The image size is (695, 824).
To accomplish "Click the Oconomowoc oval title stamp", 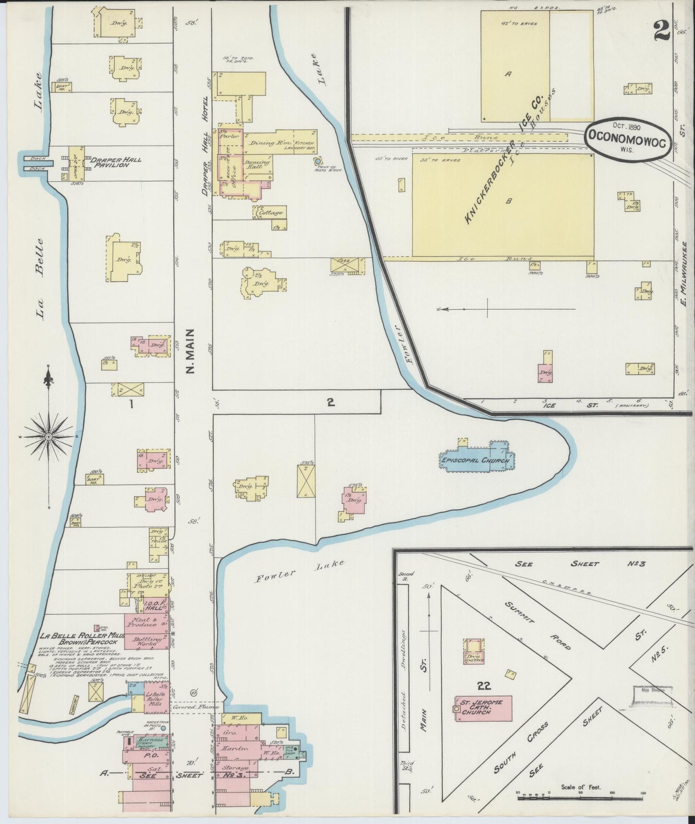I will click(x=628, y=137).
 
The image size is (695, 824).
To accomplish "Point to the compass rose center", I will click(x=49, y=437).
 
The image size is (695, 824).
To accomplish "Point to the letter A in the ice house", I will click(x=508, y=74).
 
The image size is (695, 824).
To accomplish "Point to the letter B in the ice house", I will click(x=508, y=201).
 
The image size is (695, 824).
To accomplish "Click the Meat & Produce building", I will click(x=146, y=624).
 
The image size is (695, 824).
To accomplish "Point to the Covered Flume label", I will click(x=195, y=708).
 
